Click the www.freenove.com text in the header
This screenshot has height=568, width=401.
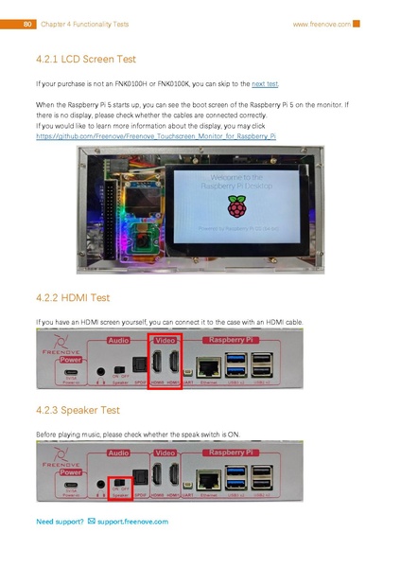coord(322,24)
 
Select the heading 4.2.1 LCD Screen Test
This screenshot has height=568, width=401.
coord(85,59)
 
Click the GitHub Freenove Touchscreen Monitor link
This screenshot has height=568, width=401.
coord(155,136)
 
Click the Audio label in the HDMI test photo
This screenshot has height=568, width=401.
coord(118,339)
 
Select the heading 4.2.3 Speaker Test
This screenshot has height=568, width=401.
coord(78,411)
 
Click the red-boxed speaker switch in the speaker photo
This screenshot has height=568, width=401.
coord(119,483)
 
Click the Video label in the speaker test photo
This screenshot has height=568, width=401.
coord(166,453)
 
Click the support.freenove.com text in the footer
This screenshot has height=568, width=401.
coord(132,522)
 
